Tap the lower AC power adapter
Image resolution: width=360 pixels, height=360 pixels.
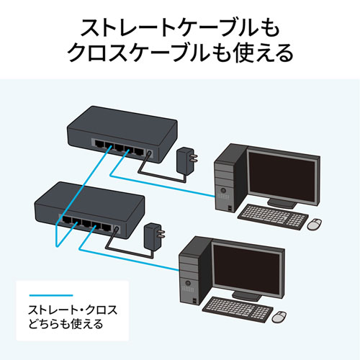click(x=153, y=233)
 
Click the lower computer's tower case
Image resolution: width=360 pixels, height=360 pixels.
click(x=189, y=274)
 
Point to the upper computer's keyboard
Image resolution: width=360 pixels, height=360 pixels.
click(x=269, y=215)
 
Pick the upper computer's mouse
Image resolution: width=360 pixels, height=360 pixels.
click(x=315, y=224)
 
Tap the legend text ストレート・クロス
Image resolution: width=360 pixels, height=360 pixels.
click(x=72, y=310)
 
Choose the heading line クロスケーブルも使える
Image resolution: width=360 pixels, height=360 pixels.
click(x=180, y=54)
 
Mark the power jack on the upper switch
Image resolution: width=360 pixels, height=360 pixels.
click(x=148, y=153)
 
